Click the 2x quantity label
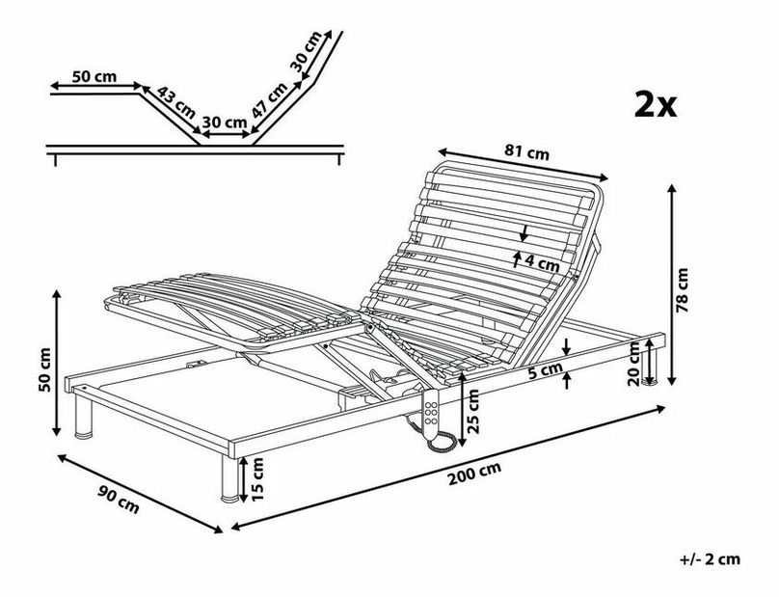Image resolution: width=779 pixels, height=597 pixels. pos(656,103)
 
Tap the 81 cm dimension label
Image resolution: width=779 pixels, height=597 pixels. pos(526,152)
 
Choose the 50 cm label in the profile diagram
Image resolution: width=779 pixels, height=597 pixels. pos(94,76)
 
